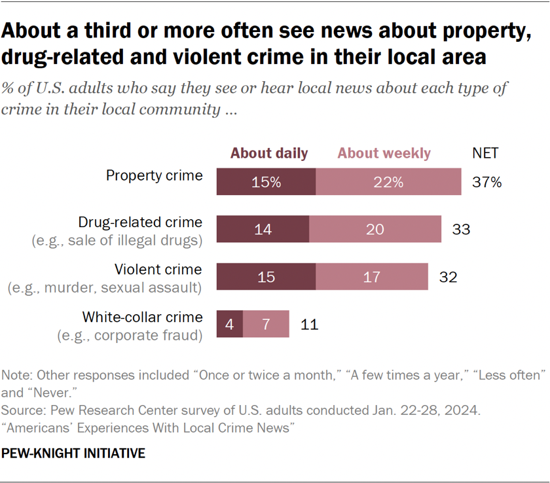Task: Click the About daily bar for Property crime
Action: (x=266, y=183)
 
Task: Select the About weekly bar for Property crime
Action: (x=388, y=183)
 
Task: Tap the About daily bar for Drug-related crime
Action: (x=263, y=230)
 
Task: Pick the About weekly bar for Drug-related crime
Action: (x=375, y=230)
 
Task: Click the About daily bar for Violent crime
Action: (x=266, y=277)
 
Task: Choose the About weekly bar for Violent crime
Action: (x=372, y=277)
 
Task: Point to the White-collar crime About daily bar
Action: (x=229, y=324)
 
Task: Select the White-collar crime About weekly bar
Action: (x=266, y=324)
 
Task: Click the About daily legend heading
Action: (x=269, y=153)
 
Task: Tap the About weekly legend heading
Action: (x=384, y=153)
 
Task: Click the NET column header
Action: (x=485, y=153)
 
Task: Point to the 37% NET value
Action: (x=486, y=183)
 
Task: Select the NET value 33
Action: (x=461, y=230)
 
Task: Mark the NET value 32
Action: (x=448, y=277)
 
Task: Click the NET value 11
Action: (x=309, y=324)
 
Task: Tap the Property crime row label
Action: (x=155, y=175)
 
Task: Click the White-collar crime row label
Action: (x=142, y=317)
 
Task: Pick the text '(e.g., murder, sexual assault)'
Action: (x=105, y=288)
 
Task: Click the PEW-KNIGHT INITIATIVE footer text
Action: (x=73, y=454)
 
